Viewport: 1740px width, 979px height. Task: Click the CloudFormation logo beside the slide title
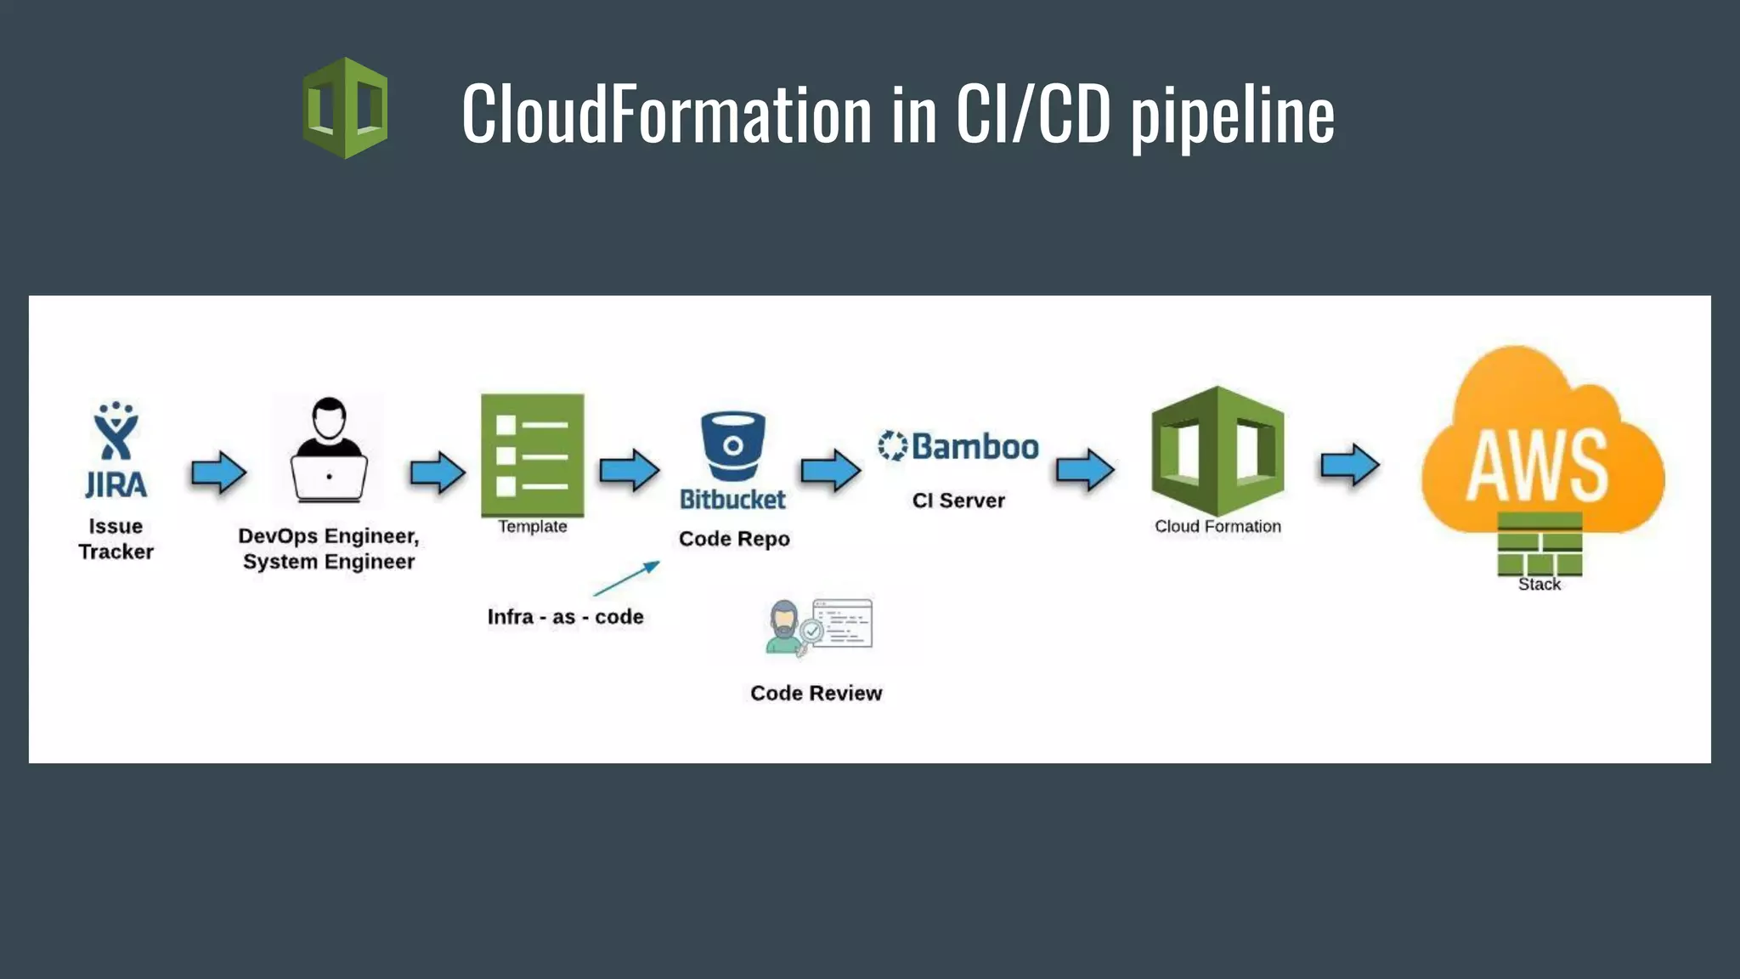(345, 108)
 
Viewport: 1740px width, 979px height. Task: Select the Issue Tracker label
(116, 539)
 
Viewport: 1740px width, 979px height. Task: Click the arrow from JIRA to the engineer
(218, 472)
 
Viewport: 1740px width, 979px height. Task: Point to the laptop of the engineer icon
(329, 478)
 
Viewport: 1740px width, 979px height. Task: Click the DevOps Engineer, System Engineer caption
(329, 549)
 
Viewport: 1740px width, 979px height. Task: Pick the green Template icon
(532, 455)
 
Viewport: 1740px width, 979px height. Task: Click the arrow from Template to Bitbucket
(629, 470)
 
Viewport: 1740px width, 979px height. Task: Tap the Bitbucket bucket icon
(732, 445)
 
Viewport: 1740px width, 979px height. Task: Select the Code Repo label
(734, 539)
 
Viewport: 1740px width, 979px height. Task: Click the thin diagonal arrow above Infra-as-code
(627, 578)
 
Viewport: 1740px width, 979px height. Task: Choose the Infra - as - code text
(565, 617)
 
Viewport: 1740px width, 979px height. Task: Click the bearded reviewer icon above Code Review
(786, 627)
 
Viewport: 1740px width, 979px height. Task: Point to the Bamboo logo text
(974, 446)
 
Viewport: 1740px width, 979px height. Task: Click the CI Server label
(958, 501)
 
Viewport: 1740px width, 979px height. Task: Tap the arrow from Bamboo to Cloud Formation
(1084, 470)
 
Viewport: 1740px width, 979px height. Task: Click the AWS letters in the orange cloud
(1538, 466)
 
